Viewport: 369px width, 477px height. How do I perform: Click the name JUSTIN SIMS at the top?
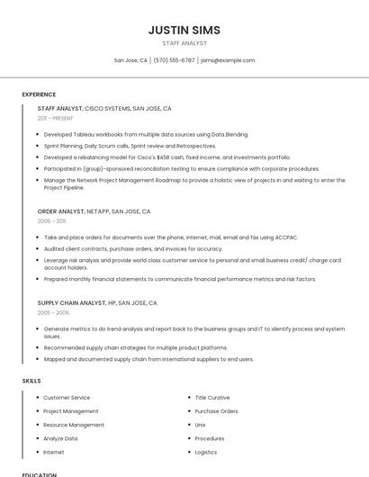[x=184, y=30]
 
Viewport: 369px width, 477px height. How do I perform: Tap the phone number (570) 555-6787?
[x=174, y=60]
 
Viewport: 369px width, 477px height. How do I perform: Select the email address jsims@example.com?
[x=228, y=60]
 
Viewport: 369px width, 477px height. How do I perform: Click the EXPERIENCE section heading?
[x=39, y=94]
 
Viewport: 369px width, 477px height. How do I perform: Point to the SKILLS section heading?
[x=31, y=381]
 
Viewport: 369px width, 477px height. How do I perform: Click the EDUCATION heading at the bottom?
[x=39, y=474]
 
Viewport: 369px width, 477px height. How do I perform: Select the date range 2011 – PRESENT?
[x=55, y=118]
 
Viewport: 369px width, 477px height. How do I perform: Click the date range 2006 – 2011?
[x=51, y=220]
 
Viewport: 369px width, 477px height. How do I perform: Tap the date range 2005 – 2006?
[x=53, y=312]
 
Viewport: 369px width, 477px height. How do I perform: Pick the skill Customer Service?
[x=67, y=397]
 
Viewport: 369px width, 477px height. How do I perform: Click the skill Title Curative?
[x=212, y=397]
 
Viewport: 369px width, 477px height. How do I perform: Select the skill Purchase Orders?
[x=216, y=410]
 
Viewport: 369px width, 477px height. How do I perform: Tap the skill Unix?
[x=200, y=424]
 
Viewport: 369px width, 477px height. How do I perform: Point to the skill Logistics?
[x=206, y=452]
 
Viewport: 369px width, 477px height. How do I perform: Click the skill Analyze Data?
[x=60, y=438]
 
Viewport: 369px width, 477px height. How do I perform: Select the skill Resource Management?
[x=74, y=425]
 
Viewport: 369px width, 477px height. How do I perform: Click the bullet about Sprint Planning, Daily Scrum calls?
[x=130, y=146]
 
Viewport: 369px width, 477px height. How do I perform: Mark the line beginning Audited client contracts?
[x=133, y=248]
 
